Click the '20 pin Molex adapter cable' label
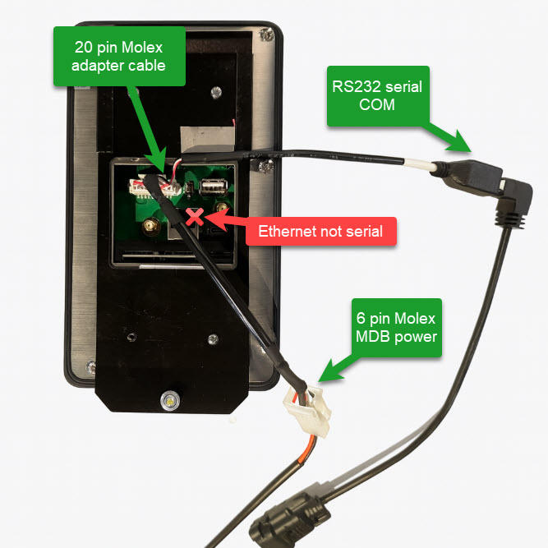click(117, 54)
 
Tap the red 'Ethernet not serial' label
click(321, 231)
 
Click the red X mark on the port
click(196, 217)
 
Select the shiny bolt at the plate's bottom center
click(169, 401)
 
